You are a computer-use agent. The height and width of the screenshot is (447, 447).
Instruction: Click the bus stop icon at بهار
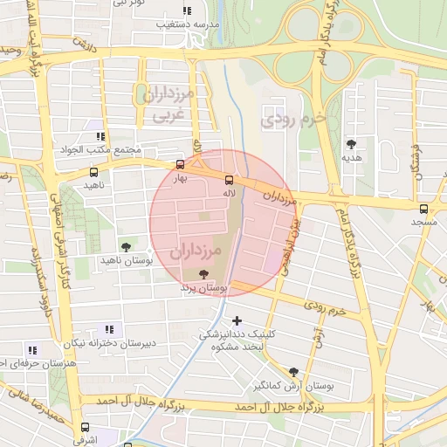coord(181,164)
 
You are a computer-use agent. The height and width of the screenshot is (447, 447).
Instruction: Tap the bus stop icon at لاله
coord(230,180)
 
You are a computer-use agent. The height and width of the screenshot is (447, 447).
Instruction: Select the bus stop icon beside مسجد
coord(423,209)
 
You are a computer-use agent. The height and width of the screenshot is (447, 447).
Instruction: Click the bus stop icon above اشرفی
coord(85,428)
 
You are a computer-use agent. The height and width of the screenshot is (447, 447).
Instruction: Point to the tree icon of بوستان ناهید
coord(127,247)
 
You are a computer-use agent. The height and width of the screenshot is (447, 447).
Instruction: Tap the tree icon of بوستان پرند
coord(203,274)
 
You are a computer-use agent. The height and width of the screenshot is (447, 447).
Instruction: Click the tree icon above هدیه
coord(352,144)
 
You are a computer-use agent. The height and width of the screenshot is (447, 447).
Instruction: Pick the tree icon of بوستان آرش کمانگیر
coord(293,372)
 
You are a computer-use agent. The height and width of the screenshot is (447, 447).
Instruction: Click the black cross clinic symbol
coord(237,321)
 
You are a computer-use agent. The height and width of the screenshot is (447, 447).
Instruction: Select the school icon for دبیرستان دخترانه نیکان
coord(109,329)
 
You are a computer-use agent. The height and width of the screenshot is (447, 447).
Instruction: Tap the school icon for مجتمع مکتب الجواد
coord(100,136)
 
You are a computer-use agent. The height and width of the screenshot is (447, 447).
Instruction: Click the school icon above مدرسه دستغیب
coord(185,10)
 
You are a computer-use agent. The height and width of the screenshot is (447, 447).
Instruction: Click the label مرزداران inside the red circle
coord(196,251)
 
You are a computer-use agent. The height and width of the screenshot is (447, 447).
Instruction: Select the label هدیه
coord(351,159)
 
